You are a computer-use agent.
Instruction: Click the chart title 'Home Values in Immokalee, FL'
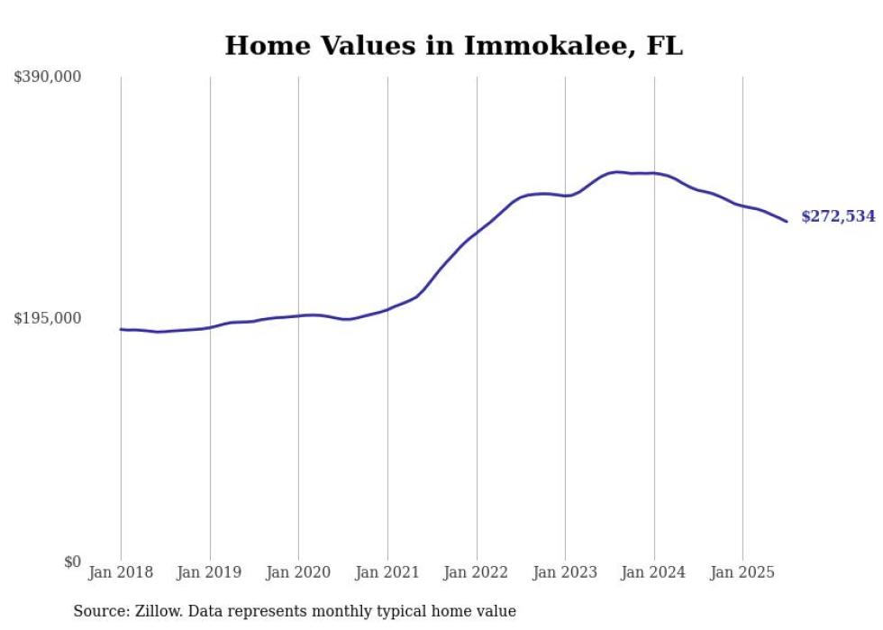coord(453,46)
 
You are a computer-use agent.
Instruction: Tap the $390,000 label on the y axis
coord(47,78)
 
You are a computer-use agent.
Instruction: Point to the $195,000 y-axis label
coord(47,318)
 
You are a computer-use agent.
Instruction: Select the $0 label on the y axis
coord(72,562)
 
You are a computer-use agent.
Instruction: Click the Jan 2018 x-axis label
coord(121,572)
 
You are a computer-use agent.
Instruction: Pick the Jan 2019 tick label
coord(210,572)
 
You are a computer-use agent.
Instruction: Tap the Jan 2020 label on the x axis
coord(298,572)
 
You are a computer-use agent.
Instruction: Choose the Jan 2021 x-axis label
coord(387,572)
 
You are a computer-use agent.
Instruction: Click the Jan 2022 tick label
coord(477,572)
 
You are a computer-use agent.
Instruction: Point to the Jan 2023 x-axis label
coord(565,572)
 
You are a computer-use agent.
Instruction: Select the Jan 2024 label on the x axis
coord(654,572)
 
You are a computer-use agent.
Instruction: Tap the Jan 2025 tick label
coord(742,572)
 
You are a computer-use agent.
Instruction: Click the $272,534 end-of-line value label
coord(838,216)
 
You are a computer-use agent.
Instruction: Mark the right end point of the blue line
coord(787,221)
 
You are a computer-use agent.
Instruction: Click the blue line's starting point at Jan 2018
coord(121,329)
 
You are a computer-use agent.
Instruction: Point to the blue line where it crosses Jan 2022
coord(477,233)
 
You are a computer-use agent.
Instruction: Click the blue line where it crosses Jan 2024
coord(654,173)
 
